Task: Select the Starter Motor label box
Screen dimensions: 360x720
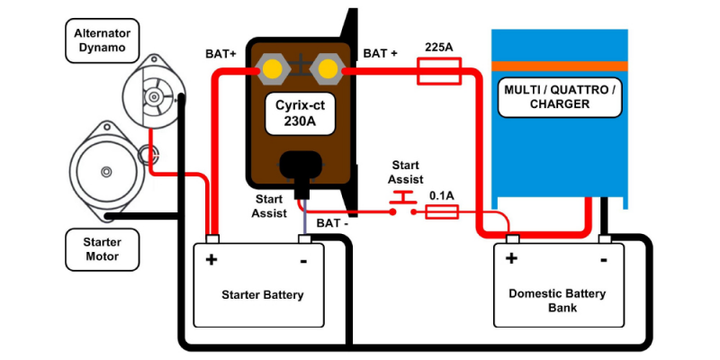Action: click(x=102, y=248)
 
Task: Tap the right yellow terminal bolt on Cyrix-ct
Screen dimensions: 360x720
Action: click(x=327, y=68)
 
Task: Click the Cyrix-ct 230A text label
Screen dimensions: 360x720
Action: click(x=300, y=112)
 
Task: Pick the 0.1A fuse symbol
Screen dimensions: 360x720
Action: click(x=441, y=211)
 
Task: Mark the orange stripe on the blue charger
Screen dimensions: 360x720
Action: click(x=559, y=66)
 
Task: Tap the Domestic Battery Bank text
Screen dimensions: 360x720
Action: click(x=557, y=301)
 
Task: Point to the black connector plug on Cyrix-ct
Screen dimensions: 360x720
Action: click(x=300, y=169)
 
